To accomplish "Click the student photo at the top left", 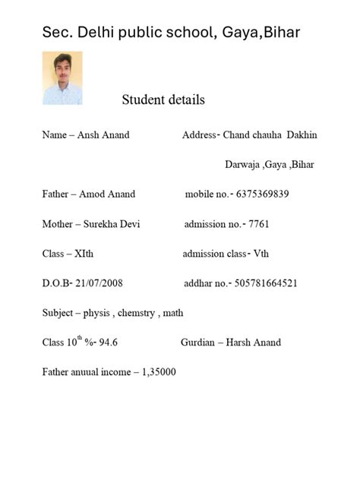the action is [62, 78].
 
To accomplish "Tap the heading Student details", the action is [163, 100].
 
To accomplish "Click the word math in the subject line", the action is [174, 313].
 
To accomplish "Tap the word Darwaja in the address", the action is [242, 165].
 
